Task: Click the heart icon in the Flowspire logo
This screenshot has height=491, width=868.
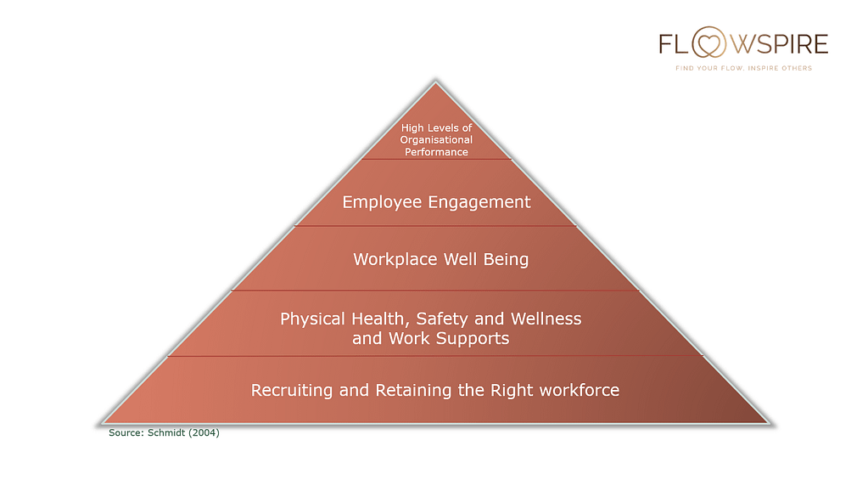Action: tap(709, 43)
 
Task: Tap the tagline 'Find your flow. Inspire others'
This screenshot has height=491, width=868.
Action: tap(743, 68)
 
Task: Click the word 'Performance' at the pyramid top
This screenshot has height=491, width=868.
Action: tap(436, 152)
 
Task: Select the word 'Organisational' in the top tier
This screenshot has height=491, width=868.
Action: tap(436, 139)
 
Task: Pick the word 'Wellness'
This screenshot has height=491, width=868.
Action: tap(546, 319)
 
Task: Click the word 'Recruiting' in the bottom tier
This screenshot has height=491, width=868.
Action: tap(292, 390)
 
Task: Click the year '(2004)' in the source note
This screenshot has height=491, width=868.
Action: tap(204, 432)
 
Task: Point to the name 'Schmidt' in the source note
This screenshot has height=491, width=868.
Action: tap(166, 432)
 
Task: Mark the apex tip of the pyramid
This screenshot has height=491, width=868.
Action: tap(435, 82)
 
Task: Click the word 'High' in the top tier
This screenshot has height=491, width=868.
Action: tap(412, 128)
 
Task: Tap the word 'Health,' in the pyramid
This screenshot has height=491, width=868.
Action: tap(381, 319)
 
